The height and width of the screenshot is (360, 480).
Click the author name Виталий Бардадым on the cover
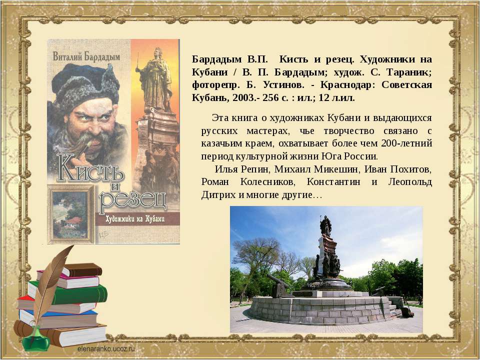tap(86, 56)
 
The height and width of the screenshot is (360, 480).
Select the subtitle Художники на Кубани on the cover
tap(135, 219)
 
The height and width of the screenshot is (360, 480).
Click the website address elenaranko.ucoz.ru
tap(106, 348)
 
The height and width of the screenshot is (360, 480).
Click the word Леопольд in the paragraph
tap(410, 182)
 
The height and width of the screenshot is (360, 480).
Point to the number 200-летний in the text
tap(406, 143)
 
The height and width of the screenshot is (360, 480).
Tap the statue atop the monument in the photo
tap(325, 225)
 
